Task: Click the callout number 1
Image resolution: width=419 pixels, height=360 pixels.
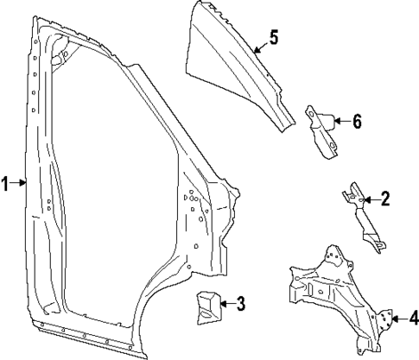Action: click(6, 182)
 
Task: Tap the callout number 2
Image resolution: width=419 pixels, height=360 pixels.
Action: click(386, 200)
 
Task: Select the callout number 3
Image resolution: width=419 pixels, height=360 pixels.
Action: click(241, 303)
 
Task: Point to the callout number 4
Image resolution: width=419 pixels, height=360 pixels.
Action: click(413, 319)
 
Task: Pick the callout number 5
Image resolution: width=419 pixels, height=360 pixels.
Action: click(273, 37)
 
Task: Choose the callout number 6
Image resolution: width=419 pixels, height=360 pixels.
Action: click(357, 121)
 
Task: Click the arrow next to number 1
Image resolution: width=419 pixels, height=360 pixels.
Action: click(21, 182)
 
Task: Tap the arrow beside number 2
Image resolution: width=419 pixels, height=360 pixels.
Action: click(369, 200)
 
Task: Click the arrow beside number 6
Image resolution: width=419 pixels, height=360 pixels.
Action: click(340, 121)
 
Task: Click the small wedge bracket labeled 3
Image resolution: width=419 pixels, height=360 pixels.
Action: click(206, 307)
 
